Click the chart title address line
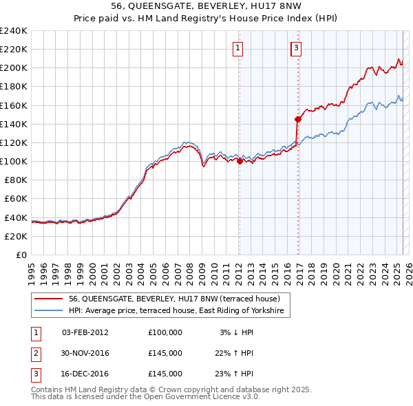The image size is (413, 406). point(206,6)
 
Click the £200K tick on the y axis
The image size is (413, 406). point(14,68)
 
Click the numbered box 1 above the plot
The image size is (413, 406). point(237,48)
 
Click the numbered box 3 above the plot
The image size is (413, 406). point(296,48)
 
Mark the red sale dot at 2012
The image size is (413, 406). point(240,162)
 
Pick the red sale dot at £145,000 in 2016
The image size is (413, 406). point(298,119)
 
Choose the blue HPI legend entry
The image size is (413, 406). point(179,311)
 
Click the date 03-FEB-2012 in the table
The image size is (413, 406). point(85,332)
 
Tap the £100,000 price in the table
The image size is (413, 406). point(165,332)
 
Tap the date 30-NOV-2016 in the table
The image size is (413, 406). point(85,353)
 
